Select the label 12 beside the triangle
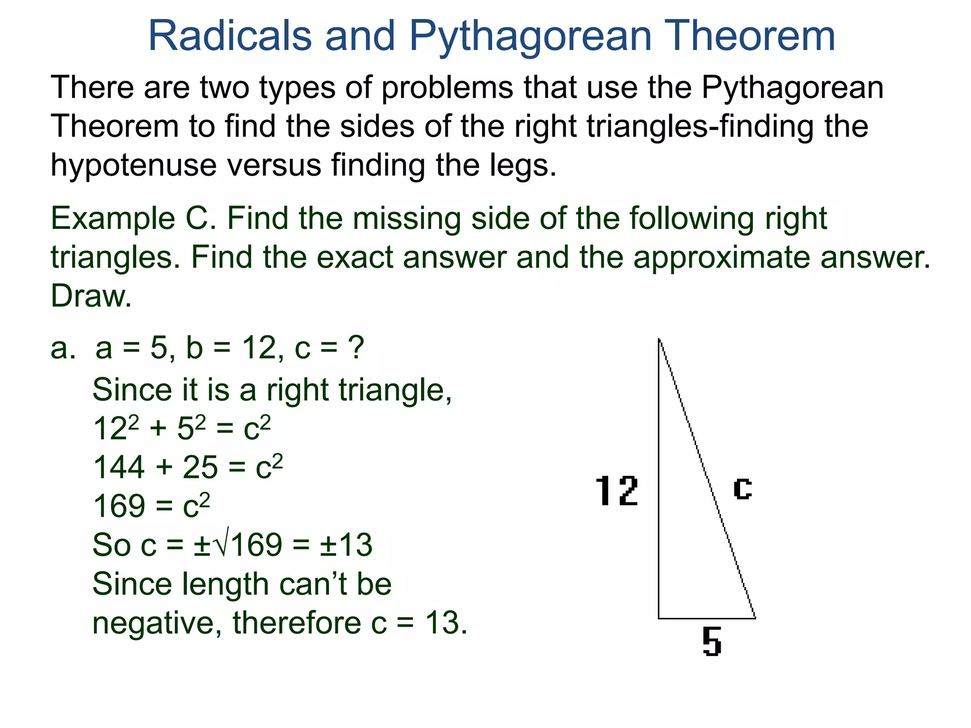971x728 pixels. (x=616, y=491)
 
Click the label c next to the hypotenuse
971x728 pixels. (x=742, y=488)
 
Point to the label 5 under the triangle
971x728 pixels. (x=712, y=641)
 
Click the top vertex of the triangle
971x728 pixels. (x=660, y=339)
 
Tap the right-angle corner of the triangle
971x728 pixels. (x=659, y=618)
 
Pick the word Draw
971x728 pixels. (x=90, y=296)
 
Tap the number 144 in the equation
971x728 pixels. (x=119, y=467)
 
